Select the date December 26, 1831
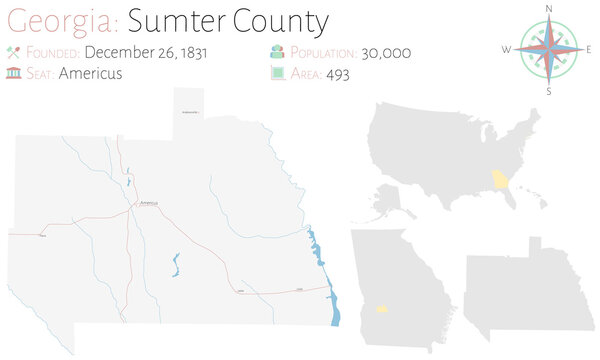(x=147, y=52)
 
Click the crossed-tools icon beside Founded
(x=14, y=52)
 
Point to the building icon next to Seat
(x=14, y=73)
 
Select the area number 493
(x=337, y=74)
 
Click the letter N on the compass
(x=549, y=8)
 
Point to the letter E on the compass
(x=589, y=48)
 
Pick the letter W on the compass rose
(x=507, y=48)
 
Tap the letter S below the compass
(x=549, y=91)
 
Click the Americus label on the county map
(x=149, y=203)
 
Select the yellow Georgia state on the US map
(x=498, y=180)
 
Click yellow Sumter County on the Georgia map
(x=381, y=309)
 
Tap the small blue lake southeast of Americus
(x=176, y=263)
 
